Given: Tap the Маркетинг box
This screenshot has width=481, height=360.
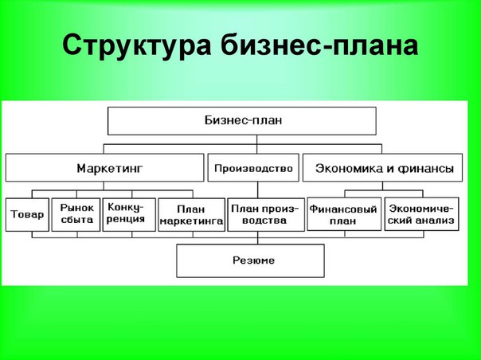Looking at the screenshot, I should tap(104, 168).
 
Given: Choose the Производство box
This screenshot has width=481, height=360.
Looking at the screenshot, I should tap(255, 168).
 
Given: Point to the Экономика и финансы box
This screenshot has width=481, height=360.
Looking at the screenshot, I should tap(385, 168).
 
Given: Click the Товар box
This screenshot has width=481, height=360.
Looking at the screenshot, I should tap(27, 214).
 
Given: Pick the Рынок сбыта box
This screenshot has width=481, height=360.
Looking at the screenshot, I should tap(76, 214).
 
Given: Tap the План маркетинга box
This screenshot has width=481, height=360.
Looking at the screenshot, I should tap(190, 214).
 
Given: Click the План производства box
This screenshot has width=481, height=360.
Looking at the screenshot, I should tap(258, 214).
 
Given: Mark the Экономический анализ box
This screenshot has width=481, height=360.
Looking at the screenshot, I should tap(420, 214).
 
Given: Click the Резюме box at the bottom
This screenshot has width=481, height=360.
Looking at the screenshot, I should tap(250, 260).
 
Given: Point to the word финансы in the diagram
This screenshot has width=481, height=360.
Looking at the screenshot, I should tap(429, 169).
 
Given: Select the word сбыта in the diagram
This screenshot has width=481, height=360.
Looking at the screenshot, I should tap(76, 221).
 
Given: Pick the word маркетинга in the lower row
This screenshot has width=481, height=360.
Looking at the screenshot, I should tap(190, 221).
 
